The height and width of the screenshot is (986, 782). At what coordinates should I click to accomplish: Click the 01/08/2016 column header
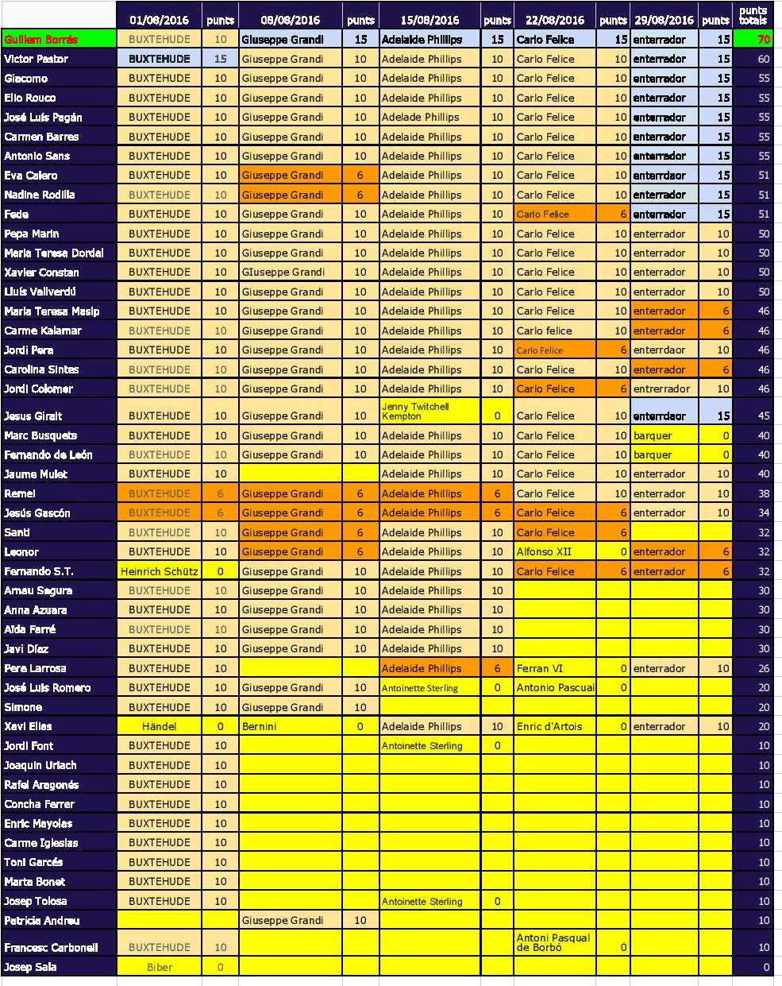coord(159,20)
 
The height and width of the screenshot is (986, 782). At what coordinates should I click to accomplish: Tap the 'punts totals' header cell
coord(753,15)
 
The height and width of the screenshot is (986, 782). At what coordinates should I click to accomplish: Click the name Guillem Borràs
coord(41,39)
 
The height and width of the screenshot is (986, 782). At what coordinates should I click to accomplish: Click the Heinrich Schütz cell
coord(159,571)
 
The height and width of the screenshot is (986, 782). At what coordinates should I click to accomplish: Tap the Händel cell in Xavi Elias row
coord(159,726)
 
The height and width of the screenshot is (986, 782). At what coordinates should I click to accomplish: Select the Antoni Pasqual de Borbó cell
coord(553,942)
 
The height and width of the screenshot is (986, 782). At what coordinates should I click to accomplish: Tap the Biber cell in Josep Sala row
coord(159,967)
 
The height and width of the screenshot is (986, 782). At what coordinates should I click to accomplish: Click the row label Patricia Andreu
coord(41,920)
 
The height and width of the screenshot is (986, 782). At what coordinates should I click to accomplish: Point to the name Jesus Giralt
coord(33,416)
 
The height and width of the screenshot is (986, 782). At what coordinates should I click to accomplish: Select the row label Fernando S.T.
coord(39,571)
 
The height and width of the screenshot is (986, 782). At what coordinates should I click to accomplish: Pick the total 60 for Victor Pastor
coord(763,59)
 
